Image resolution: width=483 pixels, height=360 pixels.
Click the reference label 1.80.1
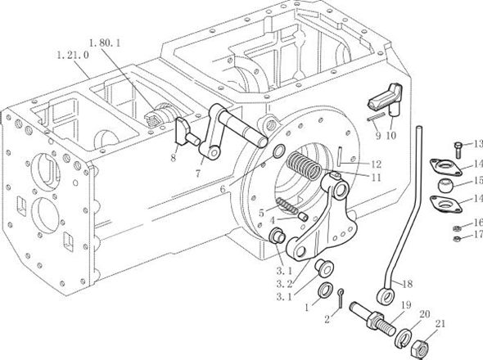click(x=105, y=43)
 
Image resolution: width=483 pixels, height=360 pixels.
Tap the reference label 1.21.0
click(x=73, y=56)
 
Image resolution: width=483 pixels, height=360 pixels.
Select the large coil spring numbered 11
click(x=304, y=165)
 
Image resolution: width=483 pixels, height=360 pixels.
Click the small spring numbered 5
click(x=287, y=205)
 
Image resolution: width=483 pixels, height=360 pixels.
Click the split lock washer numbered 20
click(x=404, y=338)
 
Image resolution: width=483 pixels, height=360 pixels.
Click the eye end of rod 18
click(x=386, y=295)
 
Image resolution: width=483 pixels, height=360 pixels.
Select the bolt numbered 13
click(x=458, y=150)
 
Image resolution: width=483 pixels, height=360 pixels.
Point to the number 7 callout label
click(x=198, y=173)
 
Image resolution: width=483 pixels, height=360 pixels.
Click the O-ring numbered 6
click(x=279, y=151)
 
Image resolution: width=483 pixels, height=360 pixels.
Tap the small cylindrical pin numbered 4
click(x=304, y=217)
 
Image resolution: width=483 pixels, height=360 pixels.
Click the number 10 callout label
click(x=391, y=136)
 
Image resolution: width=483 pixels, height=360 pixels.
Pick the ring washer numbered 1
click(x=325, y=290)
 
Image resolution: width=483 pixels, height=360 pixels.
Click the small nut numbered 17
click(x=458, y=239)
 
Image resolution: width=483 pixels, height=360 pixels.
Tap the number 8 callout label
click(x=173, y=158)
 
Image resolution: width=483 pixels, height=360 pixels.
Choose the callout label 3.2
click(x=284, y=283)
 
